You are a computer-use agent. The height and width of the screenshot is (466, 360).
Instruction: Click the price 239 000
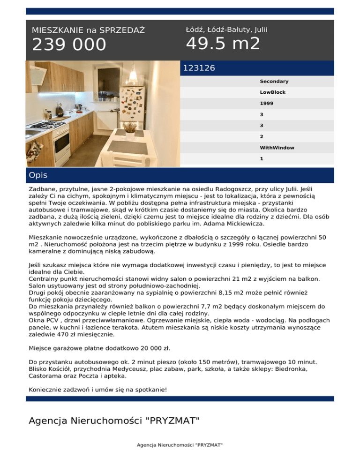[69, 45]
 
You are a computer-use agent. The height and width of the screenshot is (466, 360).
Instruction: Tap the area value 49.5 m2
[223, 44]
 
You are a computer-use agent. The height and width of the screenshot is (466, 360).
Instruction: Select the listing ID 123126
[199, 68]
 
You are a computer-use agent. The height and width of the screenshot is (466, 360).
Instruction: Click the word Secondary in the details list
[274, 81]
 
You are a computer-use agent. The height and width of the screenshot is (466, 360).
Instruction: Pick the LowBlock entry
[273, 92]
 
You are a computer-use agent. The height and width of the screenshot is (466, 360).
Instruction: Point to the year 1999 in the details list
[267, 104]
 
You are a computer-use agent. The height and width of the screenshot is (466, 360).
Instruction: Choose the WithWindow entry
[277, 148]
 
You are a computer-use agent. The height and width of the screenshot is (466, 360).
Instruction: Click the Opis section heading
[38, 175]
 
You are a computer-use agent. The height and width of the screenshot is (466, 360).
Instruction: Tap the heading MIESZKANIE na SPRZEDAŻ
[88, 30]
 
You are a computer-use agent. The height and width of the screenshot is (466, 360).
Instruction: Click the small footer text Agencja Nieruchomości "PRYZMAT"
[180, 444]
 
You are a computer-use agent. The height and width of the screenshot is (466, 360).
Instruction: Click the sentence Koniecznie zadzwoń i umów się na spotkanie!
[98, 389]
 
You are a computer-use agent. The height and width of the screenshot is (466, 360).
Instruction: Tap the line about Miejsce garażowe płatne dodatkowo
[99, 348]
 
